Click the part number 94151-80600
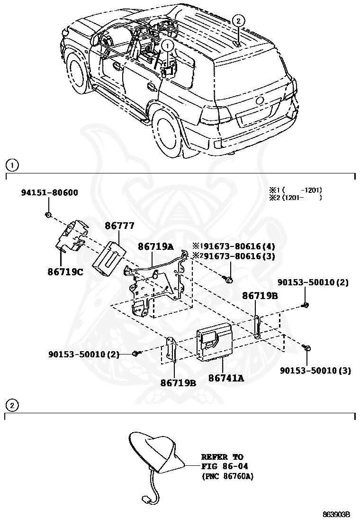pyautogui.click(x=49, y=192)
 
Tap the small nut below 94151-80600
pyautogui.click(x=48, y=215)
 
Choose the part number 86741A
pyautogui.click(x=226, y=378)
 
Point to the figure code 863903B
pyautogui.click(x=336, y=514)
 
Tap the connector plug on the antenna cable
pyautogui.click(x=145, y=499)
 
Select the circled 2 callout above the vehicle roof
pyautogui.click(x=238, y=20)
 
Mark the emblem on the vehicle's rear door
pyautogui.click(x=260, y=100)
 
